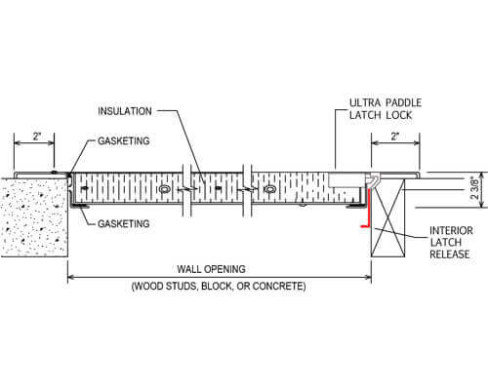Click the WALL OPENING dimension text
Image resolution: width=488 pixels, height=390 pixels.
tap(218, 270)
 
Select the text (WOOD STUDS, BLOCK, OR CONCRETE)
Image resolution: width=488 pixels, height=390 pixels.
tap(219, 289)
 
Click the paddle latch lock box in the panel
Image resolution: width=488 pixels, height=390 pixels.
tap(343, 181)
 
